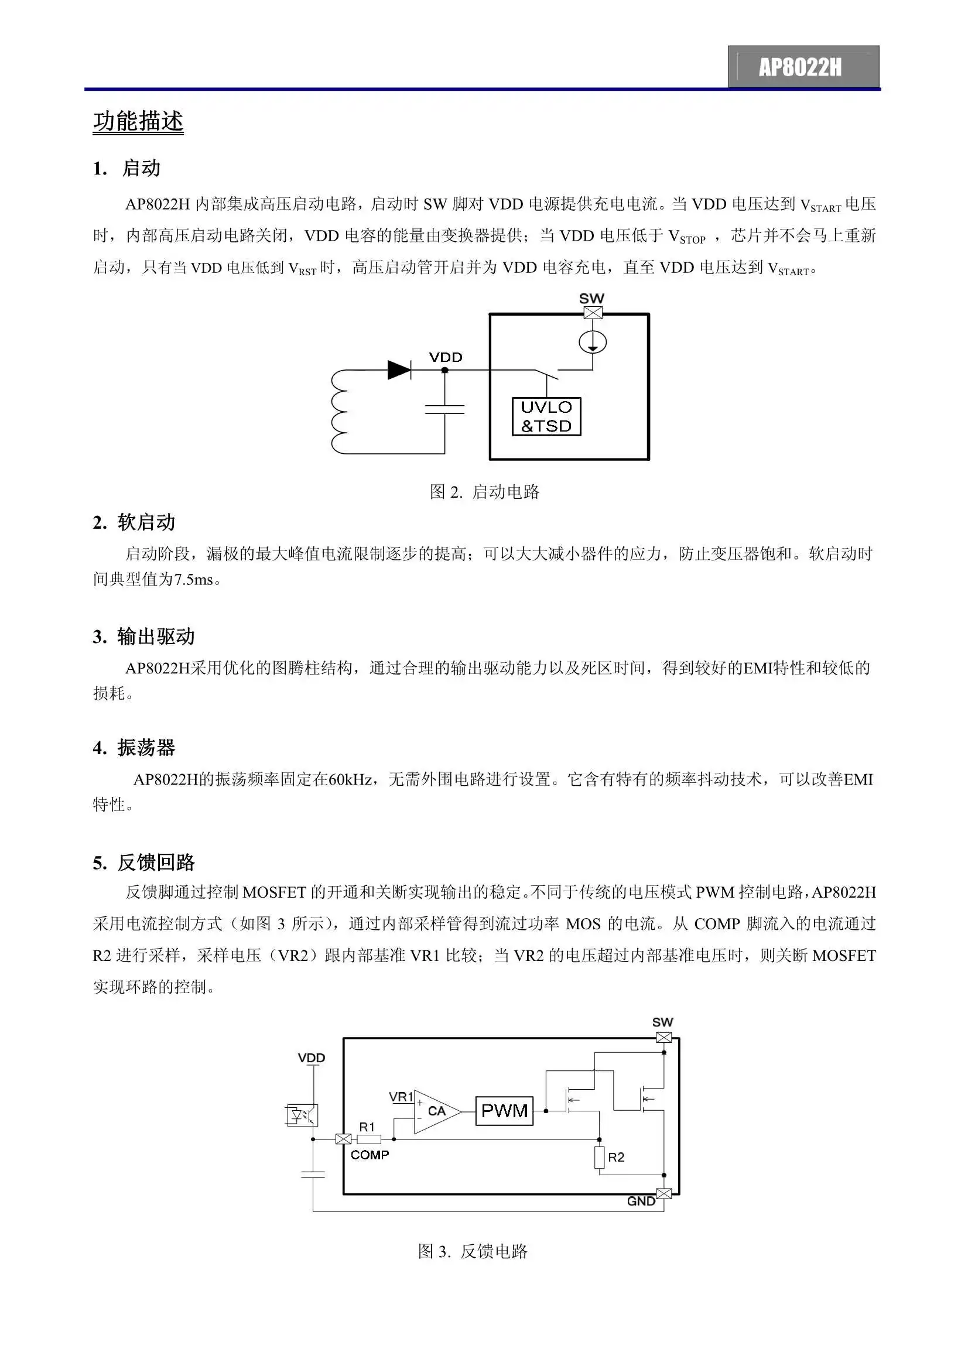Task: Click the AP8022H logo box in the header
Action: click(803, 67)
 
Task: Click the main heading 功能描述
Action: click(138, 121)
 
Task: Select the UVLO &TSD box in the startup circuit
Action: click(546, 416)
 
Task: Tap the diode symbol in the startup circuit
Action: click(398, 369)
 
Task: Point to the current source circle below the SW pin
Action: click(592, 342)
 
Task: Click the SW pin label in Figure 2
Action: click(591, 298)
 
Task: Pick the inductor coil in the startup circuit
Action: click(338, 412)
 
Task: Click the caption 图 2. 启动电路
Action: click(484, 492)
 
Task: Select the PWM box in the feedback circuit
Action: click(504, 1110)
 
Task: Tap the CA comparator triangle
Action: click(435, 1111)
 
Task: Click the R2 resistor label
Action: click(616, 1158)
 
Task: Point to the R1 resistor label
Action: click(367, 1127)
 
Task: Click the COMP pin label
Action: click(370, 1155)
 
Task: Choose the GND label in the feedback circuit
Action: click(641, 1202)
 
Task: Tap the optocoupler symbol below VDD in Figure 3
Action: click(302, 1114)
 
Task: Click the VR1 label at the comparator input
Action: click(401, 1097)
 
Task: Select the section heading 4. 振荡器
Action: click(134, 748)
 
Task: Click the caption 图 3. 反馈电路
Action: click(473, 1251)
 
